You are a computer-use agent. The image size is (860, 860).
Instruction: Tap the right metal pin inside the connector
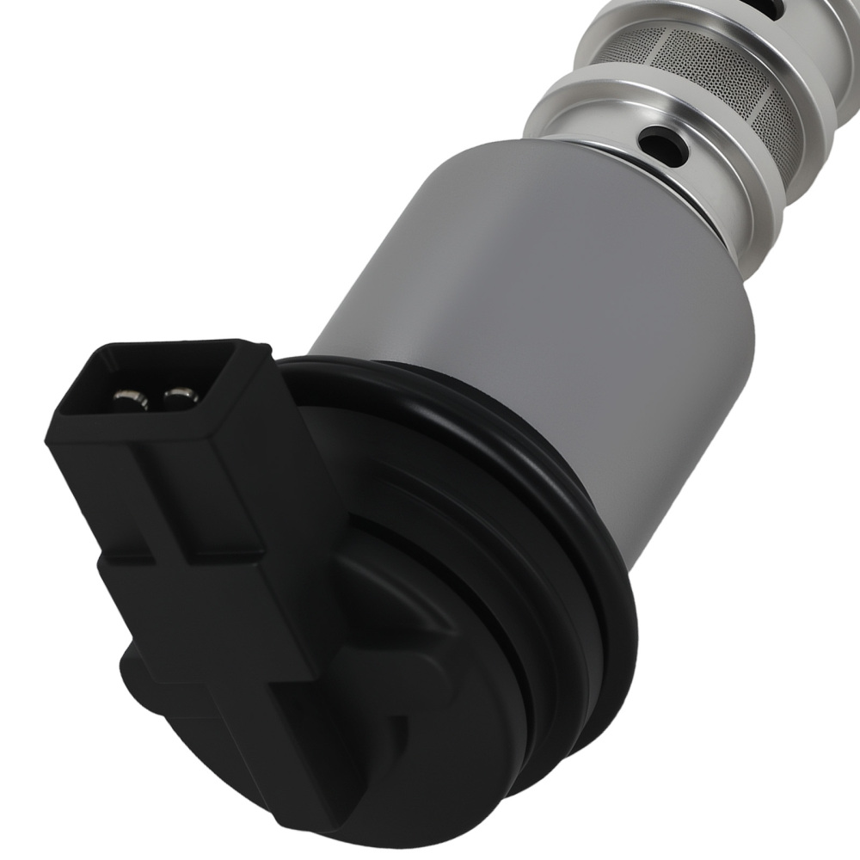click(x=177, y=396)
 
